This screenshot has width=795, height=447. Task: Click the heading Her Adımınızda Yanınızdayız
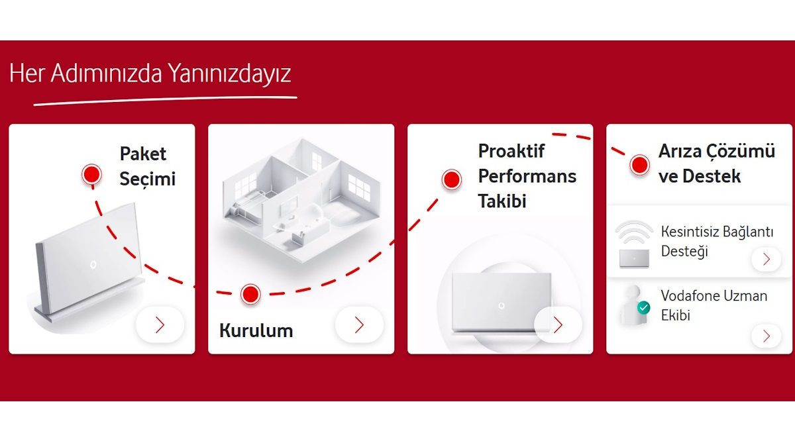[150, 74]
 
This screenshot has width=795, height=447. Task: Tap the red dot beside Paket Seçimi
[91, 174]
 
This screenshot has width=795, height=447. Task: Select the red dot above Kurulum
[250, 294]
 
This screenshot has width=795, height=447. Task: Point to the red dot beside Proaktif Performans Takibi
[452, 179]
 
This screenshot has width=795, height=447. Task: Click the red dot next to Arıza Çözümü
[639, 164]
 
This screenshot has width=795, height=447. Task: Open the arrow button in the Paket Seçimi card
[160, 324]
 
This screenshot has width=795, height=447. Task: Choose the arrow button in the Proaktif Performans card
[558, 324]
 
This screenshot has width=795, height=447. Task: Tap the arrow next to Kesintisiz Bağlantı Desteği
[767, 259]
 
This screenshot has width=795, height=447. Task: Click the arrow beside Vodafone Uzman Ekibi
[767, 336]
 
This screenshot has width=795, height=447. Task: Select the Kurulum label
[256, 330]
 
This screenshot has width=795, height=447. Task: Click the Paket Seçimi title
[147, 166]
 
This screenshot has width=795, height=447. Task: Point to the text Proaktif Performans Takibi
[527, 176]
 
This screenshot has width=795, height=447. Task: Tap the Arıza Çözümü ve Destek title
[716, 164]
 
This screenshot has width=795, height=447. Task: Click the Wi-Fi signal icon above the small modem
[634, 234]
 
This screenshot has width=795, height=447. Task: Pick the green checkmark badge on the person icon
[643, 308]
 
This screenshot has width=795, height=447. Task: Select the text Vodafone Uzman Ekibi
[714, 305]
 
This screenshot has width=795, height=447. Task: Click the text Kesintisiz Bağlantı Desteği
[716, 242]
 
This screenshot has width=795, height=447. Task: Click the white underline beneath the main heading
[165, 101]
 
